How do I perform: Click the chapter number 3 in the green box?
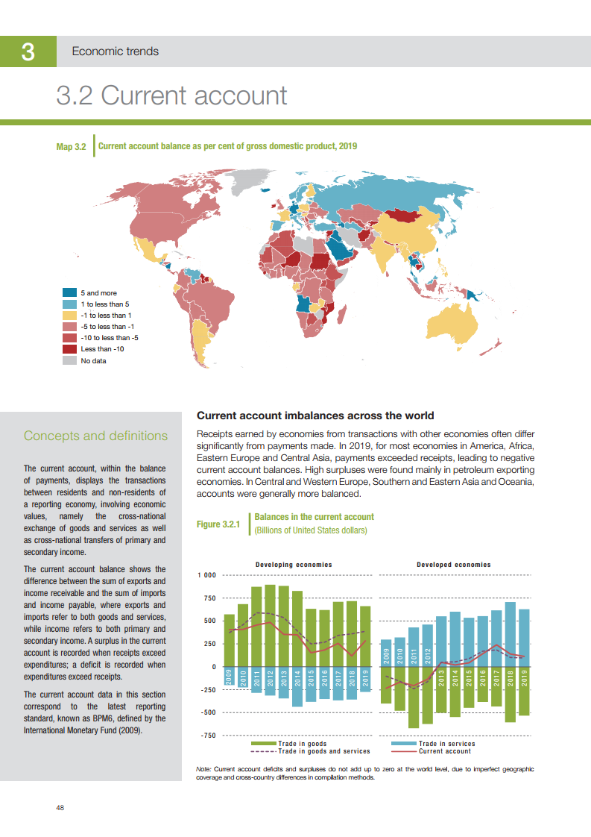point(28,52)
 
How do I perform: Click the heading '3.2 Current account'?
point(171,95)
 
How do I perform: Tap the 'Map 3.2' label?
point(72,147)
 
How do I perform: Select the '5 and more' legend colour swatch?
point(69,293)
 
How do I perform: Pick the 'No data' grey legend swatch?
point(69,361)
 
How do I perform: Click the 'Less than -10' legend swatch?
point(69,349)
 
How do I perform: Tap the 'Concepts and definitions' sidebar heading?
point(95,436)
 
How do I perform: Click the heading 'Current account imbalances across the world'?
point(315,416)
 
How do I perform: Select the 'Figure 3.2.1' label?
point(218,524)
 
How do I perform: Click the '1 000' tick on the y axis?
point(206,575)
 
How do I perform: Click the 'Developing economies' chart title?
point(294,565)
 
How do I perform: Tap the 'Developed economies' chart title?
point(453,565)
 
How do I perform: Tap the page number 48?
point(60,808)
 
